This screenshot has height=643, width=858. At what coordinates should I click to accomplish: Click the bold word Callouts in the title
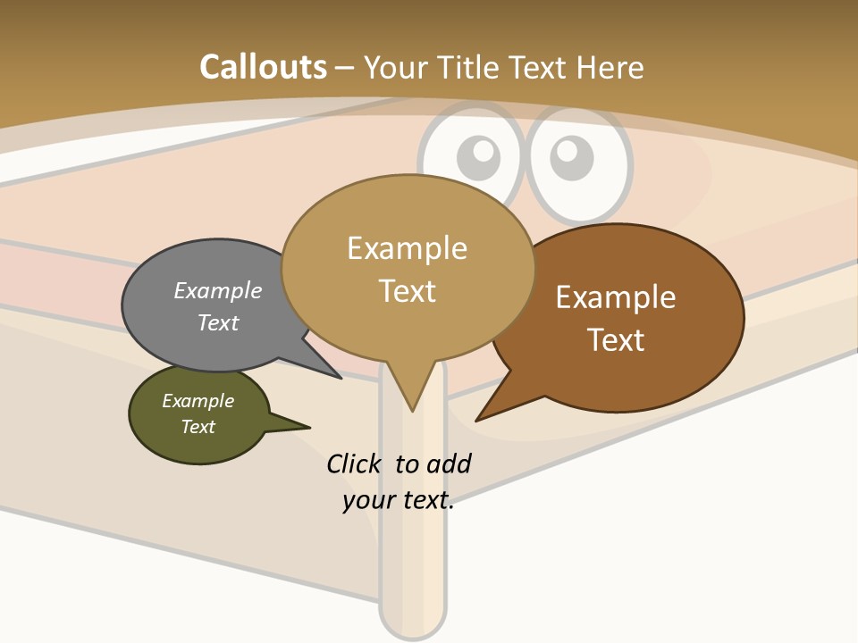263,67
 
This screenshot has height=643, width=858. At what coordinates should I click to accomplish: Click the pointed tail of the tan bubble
412,397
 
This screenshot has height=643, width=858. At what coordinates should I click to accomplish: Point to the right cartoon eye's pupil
570,158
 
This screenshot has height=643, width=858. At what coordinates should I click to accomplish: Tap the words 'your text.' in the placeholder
399,500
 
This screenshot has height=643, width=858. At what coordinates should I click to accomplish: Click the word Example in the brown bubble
616,297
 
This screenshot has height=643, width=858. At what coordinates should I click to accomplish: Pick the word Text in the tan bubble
408,291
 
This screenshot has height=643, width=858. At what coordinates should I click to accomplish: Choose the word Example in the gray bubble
218,290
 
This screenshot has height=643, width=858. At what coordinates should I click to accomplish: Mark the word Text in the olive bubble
198,427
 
